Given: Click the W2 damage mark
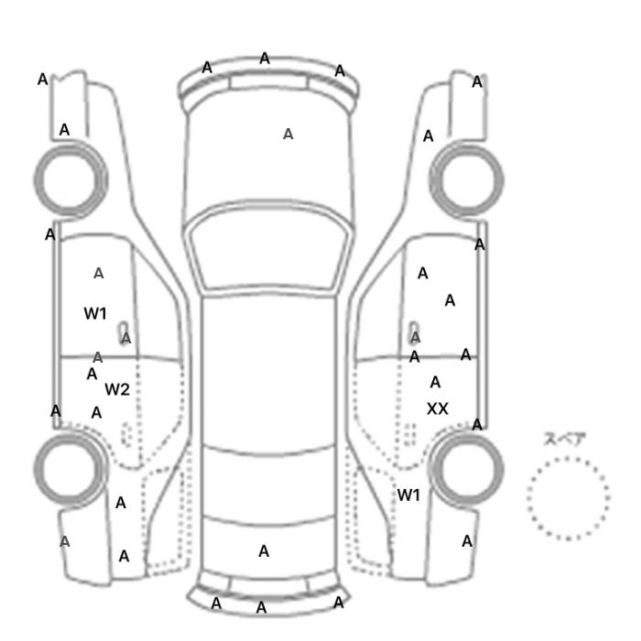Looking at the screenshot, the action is [x=117, y=389].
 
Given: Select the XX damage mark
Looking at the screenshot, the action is [x=438, y=408].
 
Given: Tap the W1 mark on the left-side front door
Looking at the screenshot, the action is [x=95, y=313].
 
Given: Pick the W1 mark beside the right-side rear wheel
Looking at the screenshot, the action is [x=408, y=495].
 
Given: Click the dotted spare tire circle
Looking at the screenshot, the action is [x=569, y=460].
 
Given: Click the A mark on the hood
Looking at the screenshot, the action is [x=288, y=134].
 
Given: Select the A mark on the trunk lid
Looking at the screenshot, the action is [x=264, y=551].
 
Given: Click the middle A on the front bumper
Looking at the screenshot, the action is [x=265, y=59].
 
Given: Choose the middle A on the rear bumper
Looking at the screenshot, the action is [x=261, y=608].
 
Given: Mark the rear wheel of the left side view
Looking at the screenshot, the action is [x=70, y=435].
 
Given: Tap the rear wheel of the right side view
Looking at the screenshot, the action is [x=466, y=435].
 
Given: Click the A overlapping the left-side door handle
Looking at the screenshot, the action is [x=126, y=338].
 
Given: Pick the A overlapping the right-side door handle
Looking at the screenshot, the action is [x=415, y=338].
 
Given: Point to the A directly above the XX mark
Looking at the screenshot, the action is [x=435, y=383].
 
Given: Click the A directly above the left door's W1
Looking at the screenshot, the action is [x=98, y=274].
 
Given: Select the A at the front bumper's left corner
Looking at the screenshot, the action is [x=207, y=68].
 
